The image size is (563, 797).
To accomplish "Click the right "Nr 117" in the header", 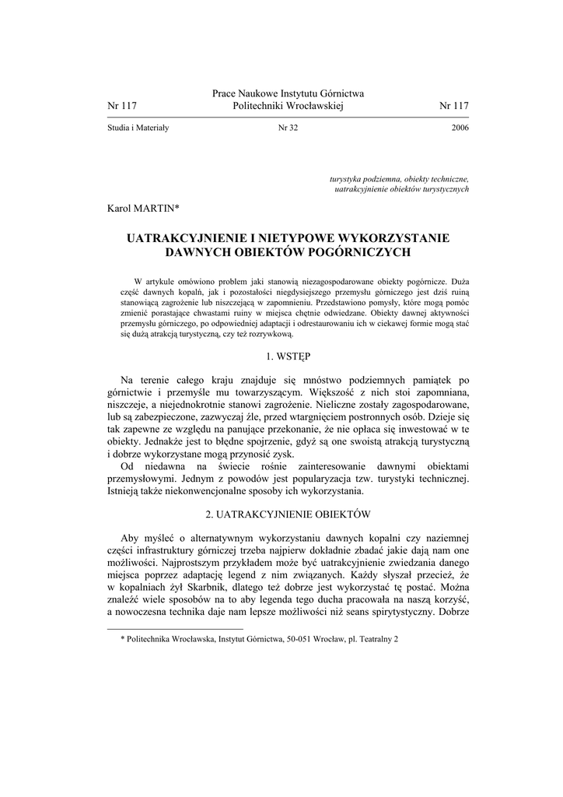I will coord(454,106).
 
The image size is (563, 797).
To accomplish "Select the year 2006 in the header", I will coord(460,128).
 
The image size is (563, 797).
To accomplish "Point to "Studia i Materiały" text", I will coord(138,128).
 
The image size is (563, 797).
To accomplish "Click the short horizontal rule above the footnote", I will coord(174,628).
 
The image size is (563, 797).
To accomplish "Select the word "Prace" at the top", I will coord(224,93).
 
